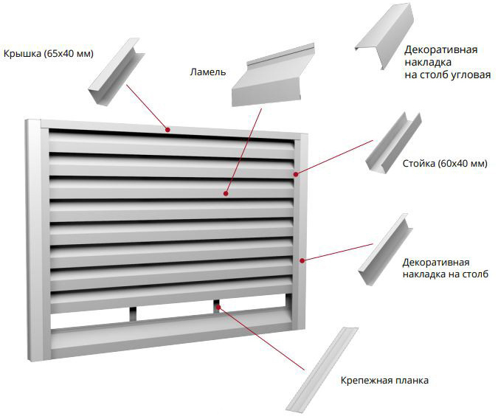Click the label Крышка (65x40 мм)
point(48,54)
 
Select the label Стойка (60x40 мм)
point(446,163)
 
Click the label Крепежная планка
point(384,381)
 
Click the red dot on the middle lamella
point(226,194)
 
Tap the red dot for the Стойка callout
point(295,174)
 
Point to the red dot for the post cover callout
point(302,259)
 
